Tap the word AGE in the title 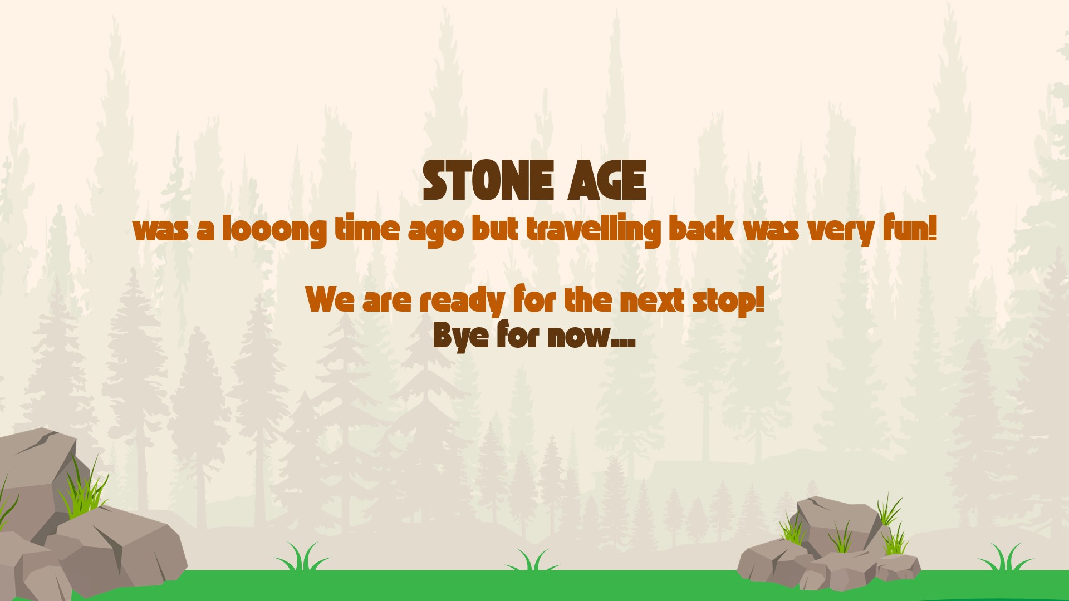click(607, 180)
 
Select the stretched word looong click(274, 229)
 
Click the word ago click(436, 231)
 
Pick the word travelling click(594, 229)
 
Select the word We click(330, 299)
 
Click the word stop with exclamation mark click(728, 301)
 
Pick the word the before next click(588, 299)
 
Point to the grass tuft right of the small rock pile click(1005, 558)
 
